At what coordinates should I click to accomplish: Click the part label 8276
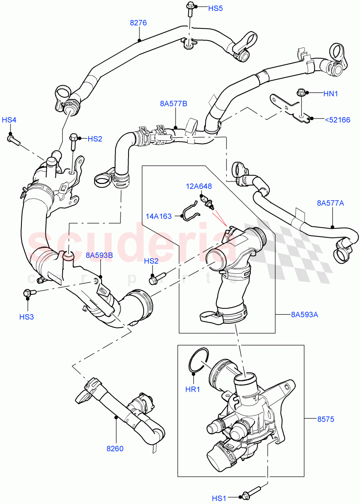click(138, 23)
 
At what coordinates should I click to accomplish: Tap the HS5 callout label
click(215, 8)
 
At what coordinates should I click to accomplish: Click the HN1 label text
click(330, 94)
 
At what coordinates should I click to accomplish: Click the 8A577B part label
click(173, 103)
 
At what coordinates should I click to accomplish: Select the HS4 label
click(9, 120)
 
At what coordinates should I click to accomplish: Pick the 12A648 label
click(200, 186)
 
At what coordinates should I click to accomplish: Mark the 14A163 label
click(159, 217)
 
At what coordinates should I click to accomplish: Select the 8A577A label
click(330, 204)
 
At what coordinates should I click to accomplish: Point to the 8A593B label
click(99, 255)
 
